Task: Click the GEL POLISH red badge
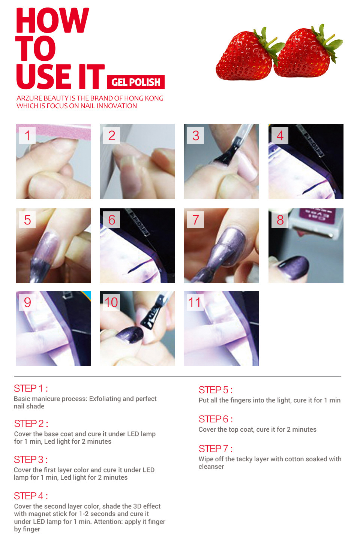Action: (x=136, y=82)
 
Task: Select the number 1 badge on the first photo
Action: (x=27, y=136)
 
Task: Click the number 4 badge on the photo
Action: (x=280, y=136)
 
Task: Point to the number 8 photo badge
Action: (x=280, y=220)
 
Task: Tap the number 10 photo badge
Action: (x=111, y=302)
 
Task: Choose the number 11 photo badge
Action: (x=195, y=302)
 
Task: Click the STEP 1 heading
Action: (x=31, y=388)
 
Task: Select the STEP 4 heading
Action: (x=31, y=496)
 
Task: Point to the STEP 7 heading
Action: (x=216, y=449)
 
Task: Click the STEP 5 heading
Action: (x=216, y=390)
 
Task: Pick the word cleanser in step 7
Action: (x=211, y=467)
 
